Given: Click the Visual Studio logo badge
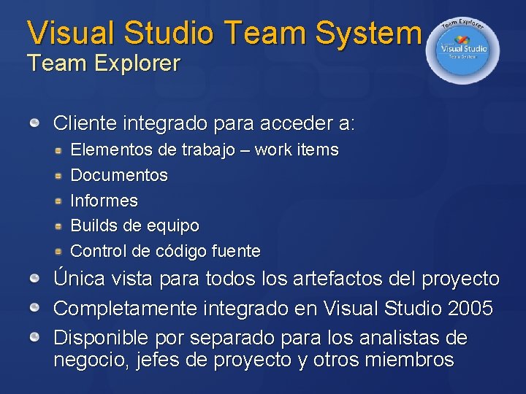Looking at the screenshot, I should coord(463,50).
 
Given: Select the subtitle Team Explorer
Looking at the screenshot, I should coord(103,63).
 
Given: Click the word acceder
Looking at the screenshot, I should coord(291,123).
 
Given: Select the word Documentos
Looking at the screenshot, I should coord(119,176).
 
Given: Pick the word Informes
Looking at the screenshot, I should coord(104,201).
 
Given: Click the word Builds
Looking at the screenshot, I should coord(93,225).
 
